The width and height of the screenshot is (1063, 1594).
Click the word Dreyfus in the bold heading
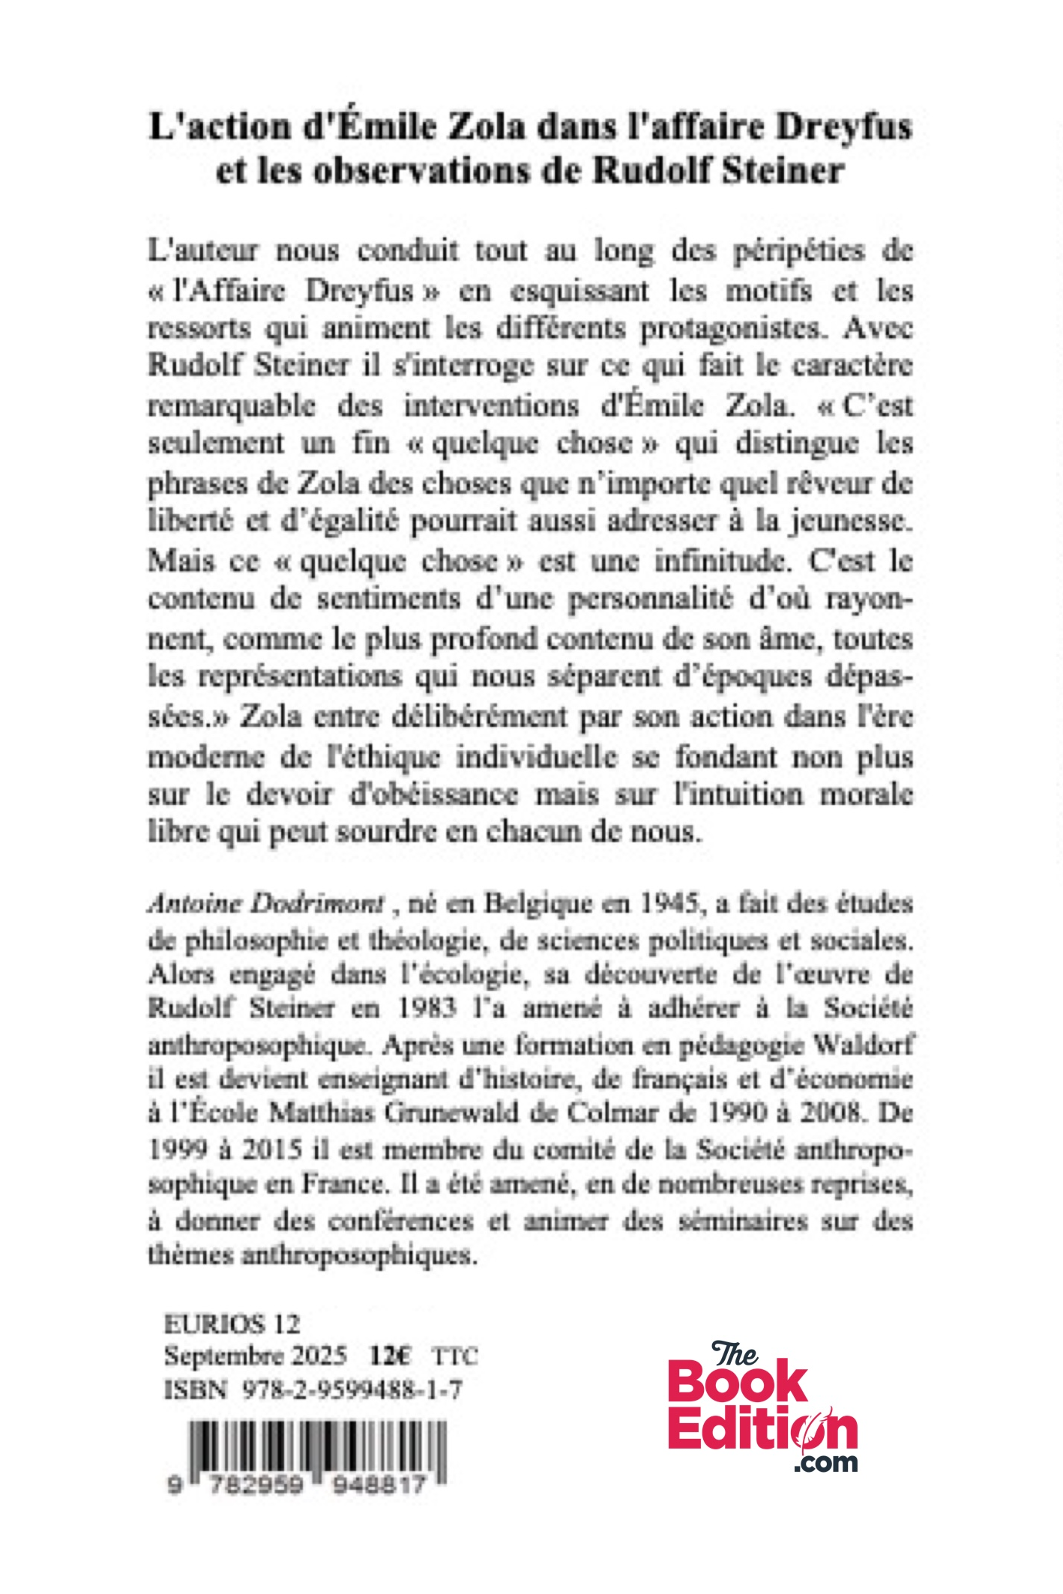click(843, 127)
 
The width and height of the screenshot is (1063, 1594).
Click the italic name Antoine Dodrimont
click(266, 904)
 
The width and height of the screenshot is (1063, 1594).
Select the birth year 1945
click(670, 904)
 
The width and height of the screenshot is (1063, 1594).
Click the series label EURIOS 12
click(232, 1324)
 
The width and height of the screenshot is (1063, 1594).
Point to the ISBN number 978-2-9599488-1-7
click(352, 1390)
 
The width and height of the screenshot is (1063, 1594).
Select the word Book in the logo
click(738, 1384)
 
